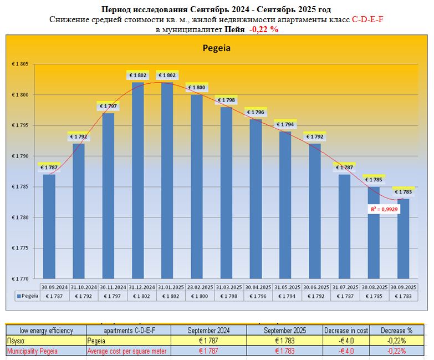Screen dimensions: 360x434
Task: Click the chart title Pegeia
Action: coord(216,48)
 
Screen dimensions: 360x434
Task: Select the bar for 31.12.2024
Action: coord(137,180)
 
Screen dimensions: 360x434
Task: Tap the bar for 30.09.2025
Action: coord(403,239)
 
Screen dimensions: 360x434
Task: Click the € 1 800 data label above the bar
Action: coord(197,88)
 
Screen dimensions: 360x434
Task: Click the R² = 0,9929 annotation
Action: coord(384,209)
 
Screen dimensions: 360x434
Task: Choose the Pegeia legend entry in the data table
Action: coord(27,296)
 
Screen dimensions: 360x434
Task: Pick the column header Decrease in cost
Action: coord(346,331)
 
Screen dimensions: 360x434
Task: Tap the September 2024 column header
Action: coord(208,331)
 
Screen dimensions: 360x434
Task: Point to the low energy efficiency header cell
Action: coord(46,331)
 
